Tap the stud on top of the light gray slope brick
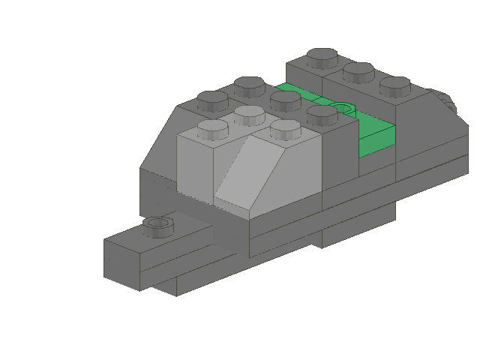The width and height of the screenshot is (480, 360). pos(285,128)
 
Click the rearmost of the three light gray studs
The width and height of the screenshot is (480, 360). pos(248,114)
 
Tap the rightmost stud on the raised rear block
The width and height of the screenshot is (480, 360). pos(394,85)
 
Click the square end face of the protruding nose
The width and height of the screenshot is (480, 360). pos(123,259)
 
